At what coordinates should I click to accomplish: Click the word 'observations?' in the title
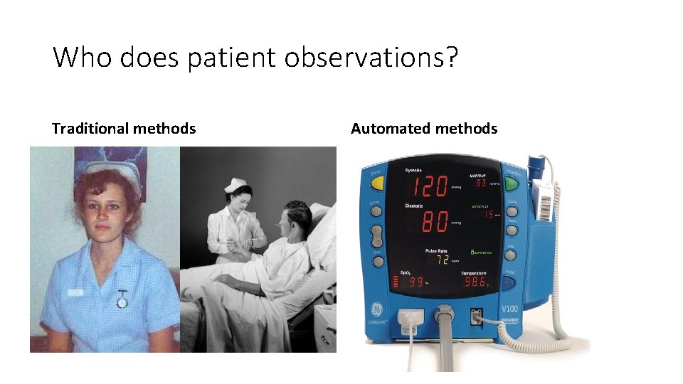point(371,58)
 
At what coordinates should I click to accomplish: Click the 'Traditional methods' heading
point(124,129)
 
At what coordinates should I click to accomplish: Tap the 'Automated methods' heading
point(424,129)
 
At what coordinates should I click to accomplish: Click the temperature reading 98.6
point(475,283)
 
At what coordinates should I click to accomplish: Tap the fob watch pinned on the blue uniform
point(122,300)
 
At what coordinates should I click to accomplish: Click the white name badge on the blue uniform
point(76,293)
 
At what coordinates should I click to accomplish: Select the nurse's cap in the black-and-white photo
point(234,185)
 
